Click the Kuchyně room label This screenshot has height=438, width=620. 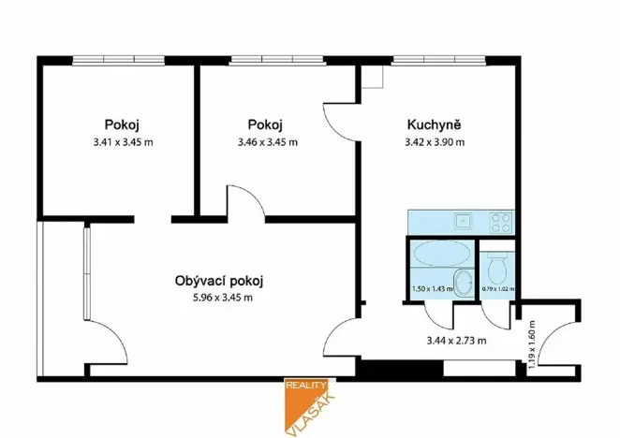[x=435, y=125]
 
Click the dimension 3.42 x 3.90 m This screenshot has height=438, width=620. [x=435, y=142]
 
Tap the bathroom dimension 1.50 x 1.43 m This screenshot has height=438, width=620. [x=432, y=289]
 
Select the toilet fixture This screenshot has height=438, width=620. [x=496, y=270]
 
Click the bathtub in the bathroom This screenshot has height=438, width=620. [x=441, y=254]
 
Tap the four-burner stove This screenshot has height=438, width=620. [x=499, y=222]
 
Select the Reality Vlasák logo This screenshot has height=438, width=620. [x=310, y=404]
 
